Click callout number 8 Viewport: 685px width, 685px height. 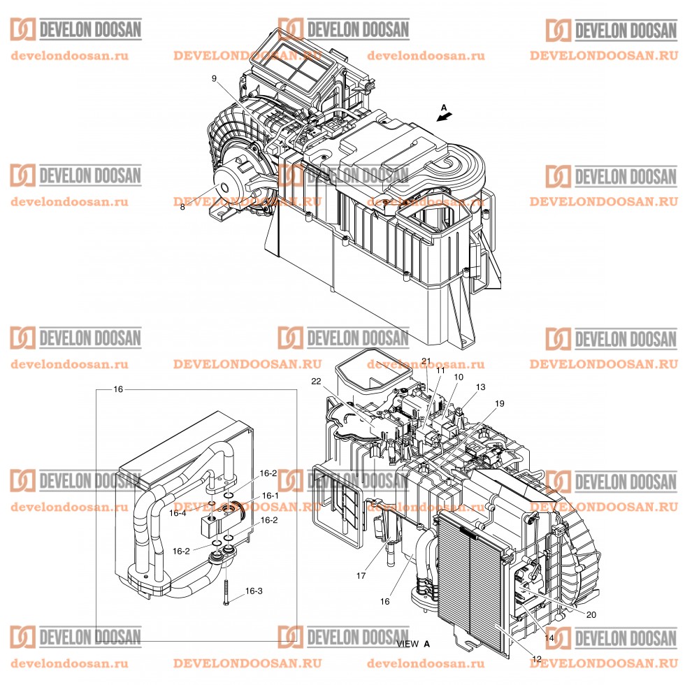click(182, 207)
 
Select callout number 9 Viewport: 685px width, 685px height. click(215, 79)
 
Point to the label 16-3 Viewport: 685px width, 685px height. click(254, 591)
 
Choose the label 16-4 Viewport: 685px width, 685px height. click(178, 512)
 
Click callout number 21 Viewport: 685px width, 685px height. click(426, 361)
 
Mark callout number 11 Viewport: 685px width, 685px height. click(440, 371)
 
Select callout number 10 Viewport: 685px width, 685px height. click(459, 377)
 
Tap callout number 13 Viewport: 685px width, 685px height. click(480, 387)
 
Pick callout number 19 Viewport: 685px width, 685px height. click(499, 403)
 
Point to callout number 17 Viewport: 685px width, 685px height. click(361, 577)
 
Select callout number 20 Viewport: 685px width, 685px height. click(591, 615)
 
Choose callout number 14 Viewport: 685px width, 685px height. click(549, 638)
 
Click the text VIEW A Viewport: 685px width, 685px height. click(412, 643)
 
